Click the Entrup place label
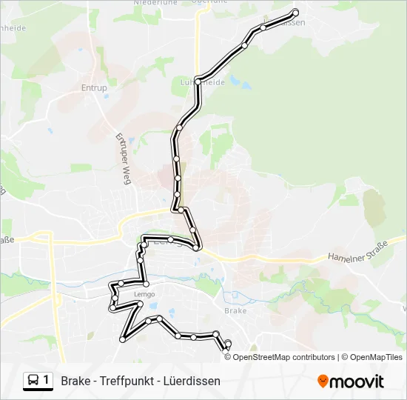(94, 88)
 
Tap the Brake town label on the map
(235, 311)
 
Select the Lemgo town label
(145, 294)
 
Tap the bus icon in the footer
(33, 381)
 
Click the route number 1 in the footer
(47, 381)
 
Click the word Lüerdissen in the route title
(194, 381)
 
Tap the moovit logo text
(358, 381)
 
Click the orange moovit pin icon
(323, 381)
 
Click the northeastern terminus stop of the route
(296, 12)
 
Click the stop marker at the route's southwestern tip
(123, 339)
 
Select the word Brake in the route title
(75, 381)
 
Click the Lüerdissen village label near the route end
(285, 23)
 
